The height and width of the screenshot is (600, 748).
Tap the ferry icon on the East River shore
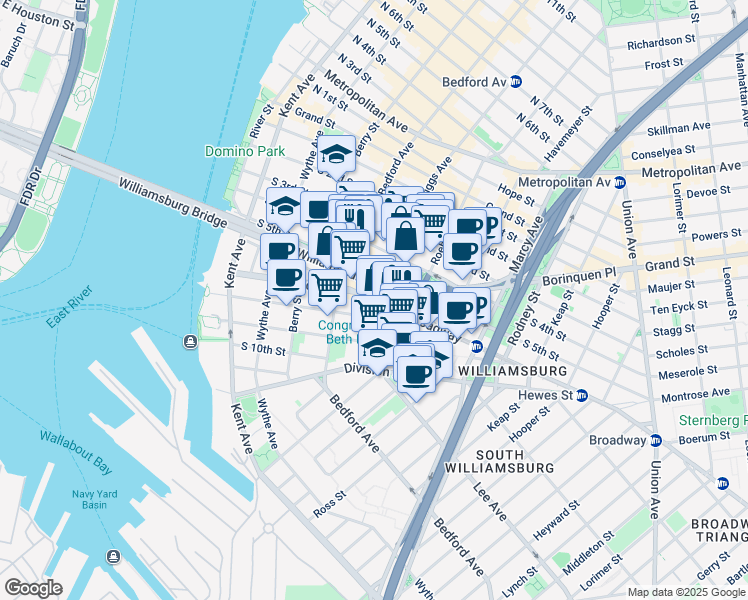click(189, 343)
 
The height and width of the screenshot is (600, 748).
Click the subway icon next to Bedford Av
click(516, 82)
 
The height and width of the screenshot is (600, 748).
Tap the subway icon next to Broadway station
click(655, 440)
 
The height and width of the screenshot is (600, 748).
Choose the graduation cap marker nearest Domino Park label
click(337, 154)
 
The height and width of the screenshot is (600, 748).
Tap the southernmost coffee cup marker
click(415, 375)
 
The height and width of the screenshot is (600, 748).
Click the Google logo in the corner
click(34, 588)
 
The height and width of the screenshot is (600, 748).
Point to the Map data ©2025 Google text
click(685, 592)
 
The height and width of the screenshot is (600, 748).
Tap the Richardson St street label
click(660, 43)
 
